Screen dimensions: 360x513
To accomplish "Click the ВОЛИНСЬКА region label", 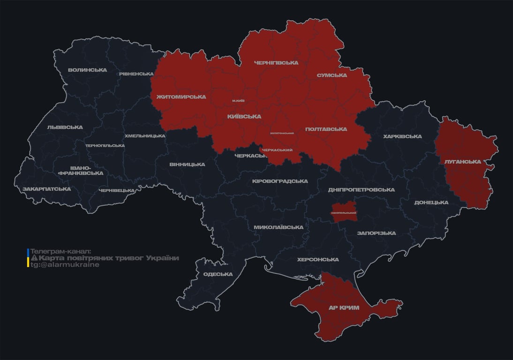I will coord(87,70).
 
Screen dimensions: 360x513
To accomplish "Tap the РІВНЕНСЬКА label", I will coord(136,74).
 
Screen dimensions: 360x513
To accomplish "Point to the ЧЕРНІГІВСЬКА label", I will coord(276,63).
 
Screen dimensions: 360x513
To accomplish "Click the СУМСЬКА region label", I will coord(332,75).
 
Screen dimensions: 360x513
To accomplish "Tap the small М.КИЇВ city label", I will coord(238,101).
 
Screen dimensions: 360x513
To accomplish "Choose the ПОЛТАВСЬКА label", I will coord(326,129).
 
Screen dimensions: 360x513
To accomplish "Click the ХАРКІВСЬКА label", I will coord(402,137).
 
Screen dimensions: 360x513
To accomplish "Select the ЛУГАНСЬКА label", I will coord(463,162).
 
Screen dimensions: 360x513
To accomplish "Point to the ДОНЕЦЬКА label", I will coord(431,202).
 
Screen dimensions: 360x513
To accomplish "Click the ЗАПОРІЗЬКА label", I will coord(376,233).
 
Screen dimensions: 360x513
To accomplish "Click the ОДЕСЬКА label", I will coord(218,274).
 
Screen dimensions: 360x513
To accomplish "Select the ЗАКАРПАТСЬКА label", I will coord(47,189).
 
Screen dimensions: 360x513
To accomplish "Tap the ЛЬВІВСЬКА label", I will coord(65,127).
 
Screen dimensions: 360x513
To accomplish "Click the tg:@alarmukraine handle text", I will coord(65,265).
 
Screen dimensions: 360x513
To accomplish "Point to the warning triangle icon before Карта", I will coord(34,258).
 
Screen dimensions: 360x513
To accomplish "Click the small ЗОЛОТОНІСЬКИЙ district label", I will coord(282,133).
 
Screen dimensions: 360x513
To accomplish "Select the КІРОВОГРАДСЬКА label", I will coord(280,181).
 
